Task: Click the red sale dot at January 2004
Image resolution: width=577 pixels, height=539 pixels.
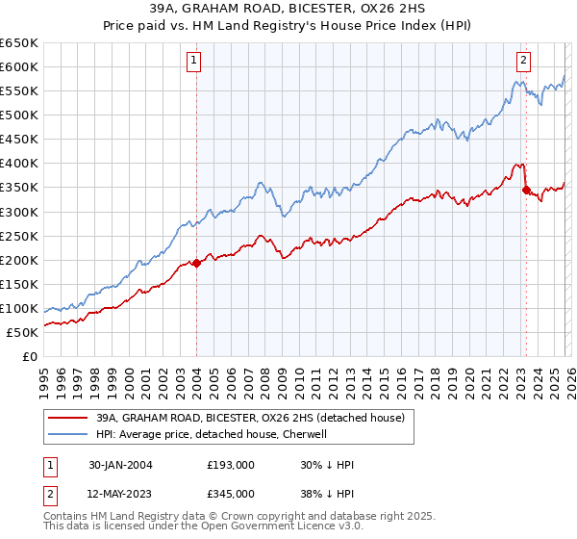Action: [197, 263]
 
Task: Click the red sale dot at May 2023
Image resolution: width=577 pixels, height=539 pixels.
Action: [526, 190]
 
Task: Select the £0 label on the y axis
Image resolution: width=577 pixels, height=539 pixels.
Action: [29, 357]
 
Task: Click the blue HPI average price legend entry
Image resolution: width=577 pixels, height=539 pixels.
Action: [213, 434]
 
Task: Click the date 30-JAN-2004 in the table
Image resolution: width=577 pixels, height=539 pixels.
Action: [121, 465]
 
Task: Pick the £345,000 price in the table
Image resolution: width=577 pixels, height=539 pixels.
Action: [231, 494]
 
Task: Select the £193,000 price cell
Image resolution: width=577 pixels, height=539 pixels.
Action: [231, 465]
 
